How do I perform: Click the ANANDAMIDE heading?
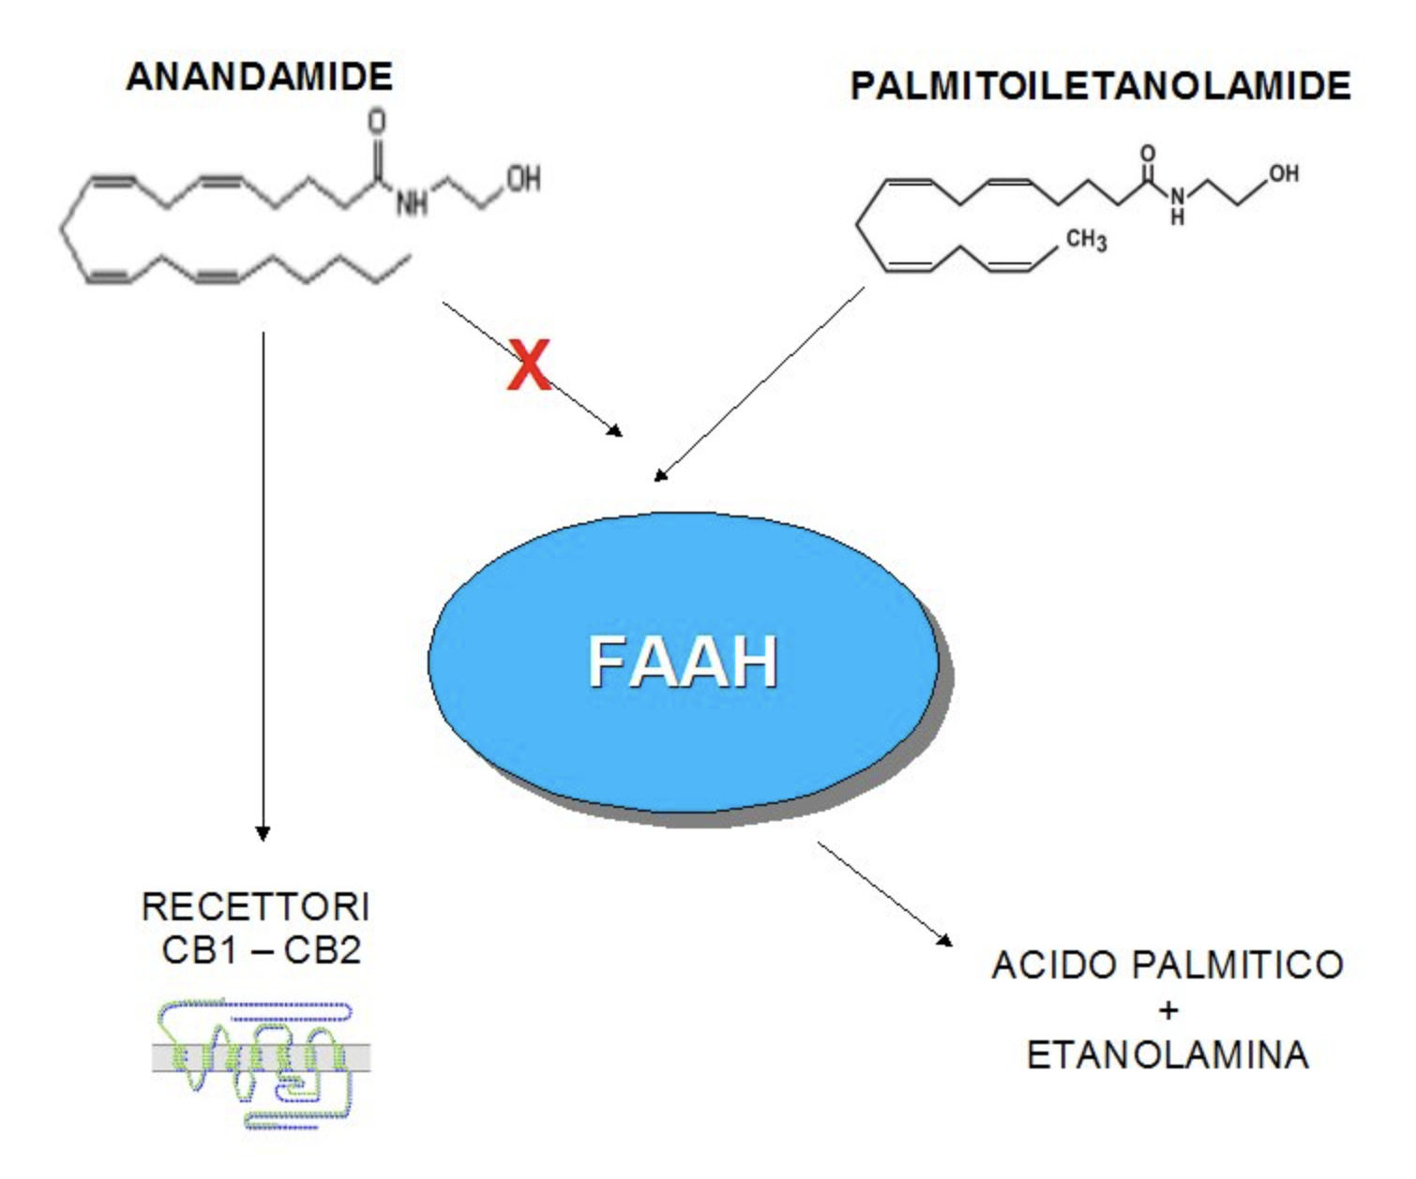point(259,77)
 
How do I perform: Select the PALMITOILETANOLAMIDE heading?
point(1099,86)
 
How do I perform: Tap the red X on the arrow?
point(529,366)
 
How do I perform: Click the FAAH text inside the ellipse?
point(683,663)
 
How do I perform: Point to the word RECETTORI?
point(256,907)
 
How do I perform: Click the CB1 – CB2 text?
point(261,950)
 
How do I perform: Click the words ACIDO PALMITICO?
point(1167,965)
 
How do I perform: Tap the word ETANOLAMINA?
point(1167,1055)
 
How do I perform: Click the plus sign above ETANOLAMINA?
point(1167,1010)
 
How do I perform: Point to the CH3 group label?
point(1086,240)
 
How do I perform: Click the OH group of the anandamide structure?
point(523,178)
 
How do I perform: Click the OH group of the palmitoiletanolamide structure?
point(1283,173)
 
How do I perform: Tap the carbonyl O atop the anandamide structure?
point(377,122)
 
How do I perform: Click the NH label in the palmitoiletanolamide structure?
point(1177,205)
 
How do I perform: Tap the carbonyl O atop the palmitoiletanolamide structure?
point(1147,153)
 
